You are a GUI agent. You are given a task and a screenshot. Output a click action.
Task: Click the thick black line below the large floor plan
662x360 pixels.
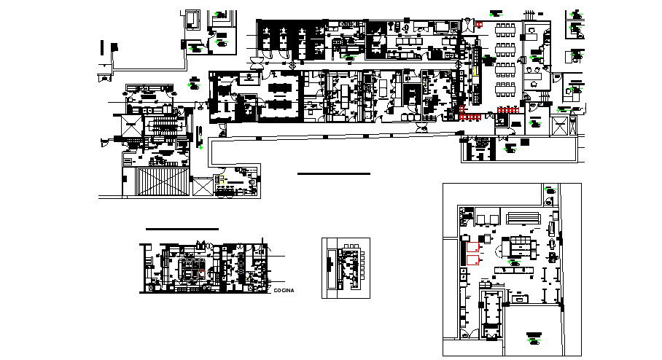[x=333, y=174]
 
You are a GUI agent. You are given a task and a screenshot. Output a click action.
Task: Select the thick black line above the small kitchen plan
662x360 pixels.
[x=182, y=229]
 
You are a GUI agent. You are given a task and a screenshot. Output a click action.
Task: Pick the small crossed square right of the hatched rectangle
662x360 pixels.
[x=199, y=186]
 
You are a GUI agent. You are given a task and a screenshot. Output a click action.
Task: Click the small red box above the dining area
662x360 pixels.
[x=479, y=25]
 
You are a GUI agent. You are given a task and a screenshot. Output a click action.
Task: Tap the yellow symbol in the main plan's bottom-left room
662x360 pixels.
[x=220, y=179]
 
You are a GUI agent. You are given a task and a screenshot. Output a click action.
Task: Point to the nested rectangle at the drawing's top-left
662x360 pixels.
[x=192, y=18]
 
